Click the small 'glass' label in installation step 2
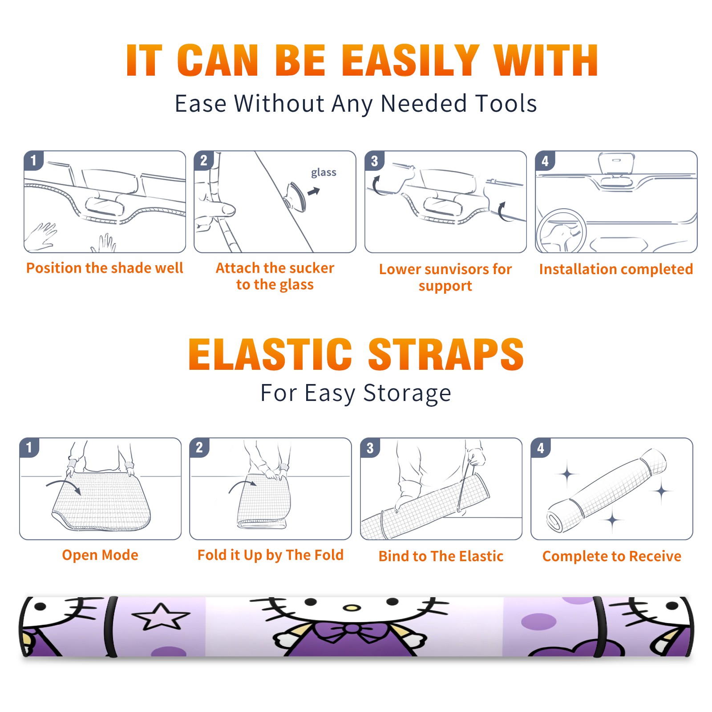324,173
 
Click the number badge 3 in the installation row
374,161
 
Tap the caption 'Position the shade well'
105,268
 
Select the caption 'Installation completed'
616,269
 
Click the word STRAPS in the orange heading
446,354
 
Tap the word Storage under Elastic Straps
407,393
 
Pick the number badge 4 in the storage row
541,448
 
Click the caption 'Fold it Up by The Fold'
271,555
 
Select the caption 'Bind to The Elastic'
441,556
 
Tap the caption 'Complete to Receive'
612,556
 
